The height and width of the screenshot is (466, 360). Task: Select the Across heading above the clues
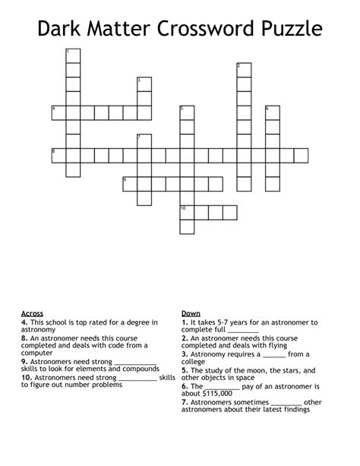32,313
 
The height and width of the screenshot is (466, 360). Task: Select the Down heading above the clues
191,313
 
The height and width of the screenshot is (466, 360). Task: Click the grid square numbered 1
73,55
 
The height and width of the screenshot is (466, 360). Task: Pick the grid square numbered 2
244,70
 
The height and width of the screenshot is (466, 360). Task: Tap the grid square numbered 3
144,84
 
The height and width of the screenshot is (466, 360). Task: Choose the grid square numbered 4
58,113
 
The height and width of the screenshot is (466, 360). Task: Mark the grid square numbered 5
187,113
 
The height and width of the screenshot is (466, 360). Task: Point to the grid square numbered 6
273,113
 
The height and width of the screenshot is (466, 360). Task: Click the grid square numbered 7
144,141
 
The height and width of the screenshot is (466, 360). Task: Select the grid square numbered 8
58,156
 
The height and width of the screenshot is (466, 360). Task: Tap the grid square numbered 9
130,184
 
